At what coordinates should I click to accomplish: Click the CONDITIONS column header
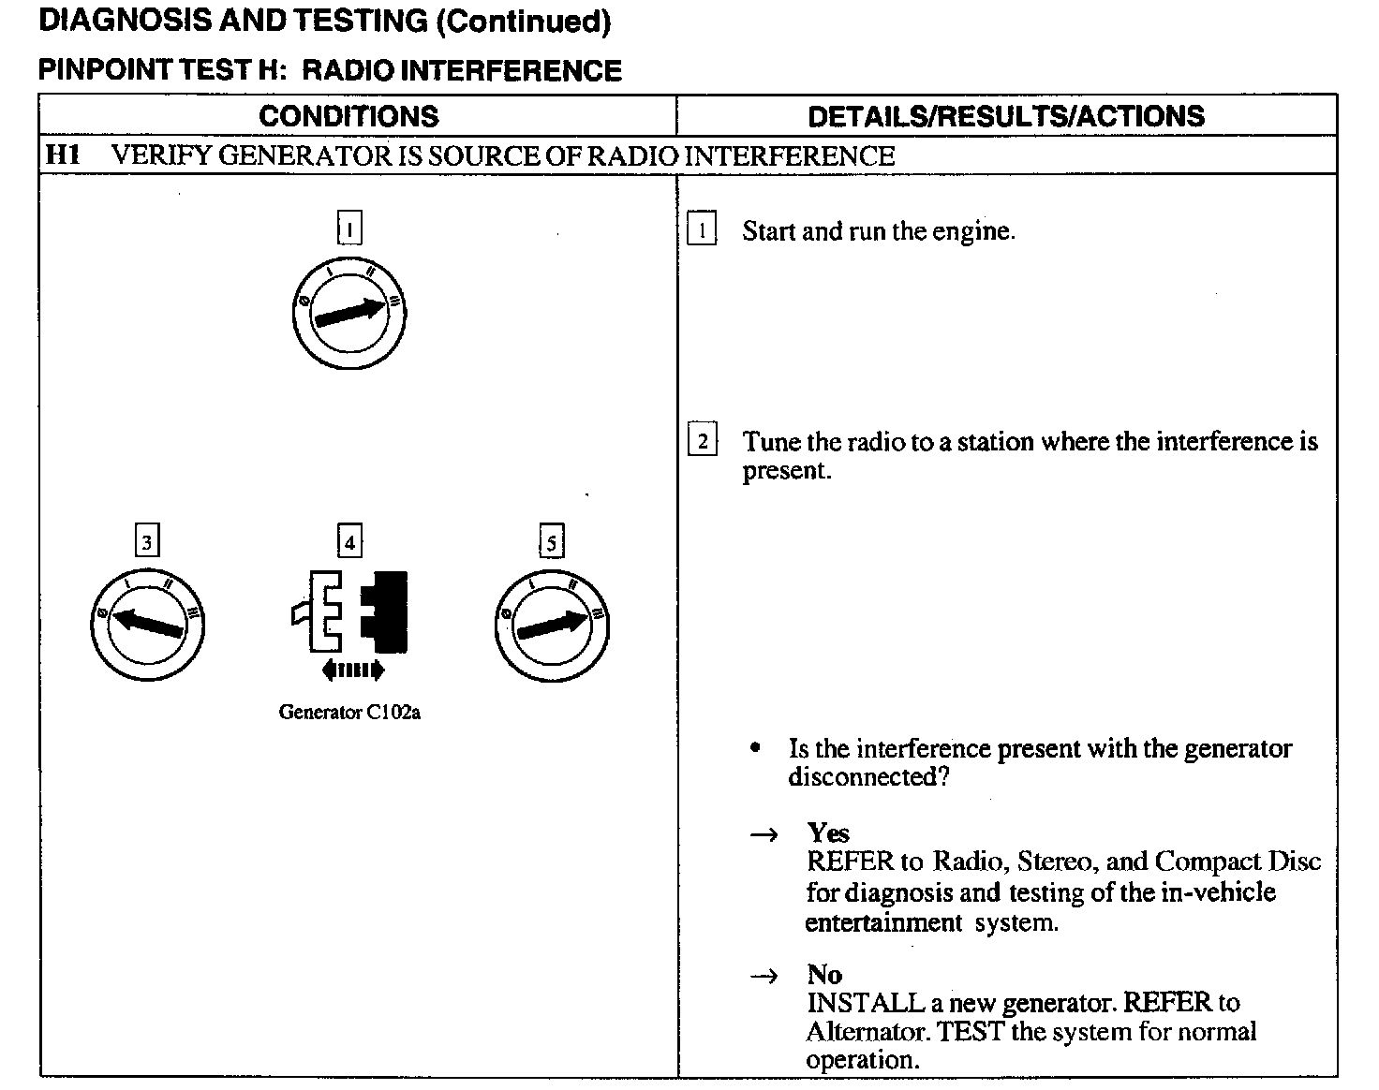(348, 116)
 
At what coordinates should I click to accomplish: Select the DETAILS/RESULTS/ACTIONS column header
(1005, 116)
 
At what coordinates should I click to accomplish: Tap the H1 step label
(63, 155)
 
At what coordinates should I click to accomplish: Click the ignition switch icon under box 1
(348, 315)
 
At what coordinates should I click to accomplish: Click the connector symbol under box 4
(349, 611)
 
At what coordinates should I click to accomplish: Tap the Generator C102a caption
(349, 713)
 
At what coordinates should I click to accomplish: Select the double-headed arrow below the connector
(351, 670)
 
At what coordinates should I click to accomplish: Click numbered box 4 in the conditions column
(349, 542)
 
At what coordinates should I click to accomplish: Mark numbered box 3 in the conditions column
(147, 542)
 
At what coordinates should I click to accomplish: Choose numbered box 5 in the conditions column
(551, 542)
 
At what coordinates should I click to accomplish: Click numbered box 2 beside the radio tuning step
(702, 440)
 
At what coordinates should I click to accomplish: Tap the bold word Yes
(828, 832)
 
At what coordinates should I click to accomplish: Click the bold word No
(824, 974)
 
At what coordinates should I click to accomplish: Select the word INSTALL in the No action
(853, 1003)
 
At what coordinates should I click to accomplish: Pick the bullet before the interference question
(755, 748)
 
